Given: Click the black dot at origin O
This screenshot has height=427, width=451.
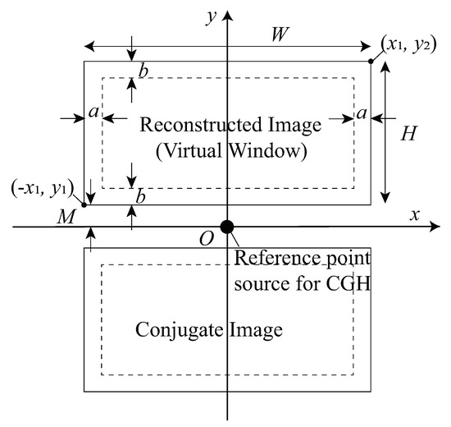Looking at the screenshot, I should (227, 227).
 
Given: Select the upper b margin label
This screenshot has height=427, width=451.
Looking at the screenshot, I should (143, 72).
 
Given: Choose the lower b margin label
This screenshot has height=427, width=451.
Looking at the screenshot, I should (143, 197).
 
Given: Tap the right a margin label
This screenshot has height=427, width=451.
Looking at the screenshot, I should (360, 112).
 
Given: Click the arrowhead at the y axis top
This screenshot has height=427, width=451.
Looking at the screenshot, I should (227, 10).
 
